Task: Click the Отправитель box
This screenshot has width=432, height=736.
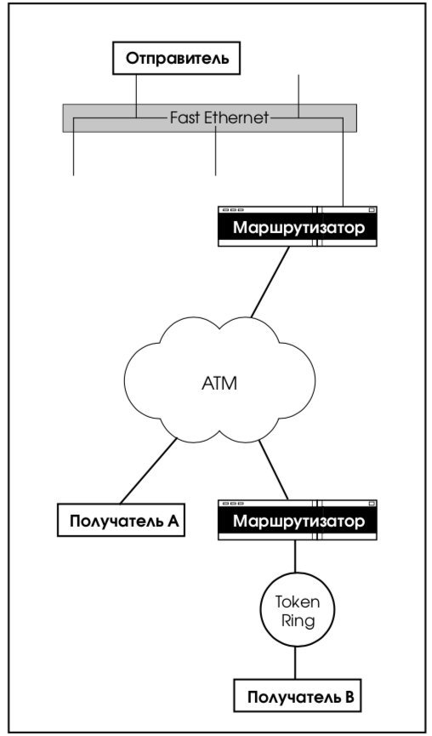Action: tap(176, 58)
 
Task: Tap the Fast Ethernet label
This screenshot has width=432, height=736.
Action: tap(219, 117)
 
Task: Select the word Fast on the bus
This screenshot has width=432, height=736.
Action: tap(185, 117)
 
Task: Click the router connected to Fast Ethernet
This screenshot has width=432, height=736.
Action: tap(298, 226)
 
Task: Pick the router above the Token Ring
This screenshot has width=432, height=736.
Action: tap(298, 520)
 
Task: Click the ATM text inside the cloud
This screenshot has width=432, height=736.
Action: tap(219, 384)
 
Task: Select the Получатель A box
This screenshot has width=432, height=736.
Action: tap(121, 520)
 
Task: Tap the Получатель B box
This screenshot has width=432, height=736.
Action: tap(298, 696)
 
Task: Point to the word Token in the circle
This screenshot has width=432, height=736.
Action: tap(298, 602)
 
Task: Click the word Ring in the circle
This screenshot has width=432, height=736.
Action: tap(298, 620)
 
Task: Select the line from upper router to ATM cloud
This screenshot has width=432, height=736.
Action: tap(270, 282)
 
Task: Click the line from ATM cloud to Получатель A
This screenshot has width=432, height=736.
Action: tap(149, 471)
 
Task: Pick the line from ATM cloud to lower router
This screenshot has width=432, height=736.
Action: tap(274, 470)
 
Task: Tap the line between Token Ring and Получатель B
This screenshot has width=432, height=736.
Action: tap(295, 663)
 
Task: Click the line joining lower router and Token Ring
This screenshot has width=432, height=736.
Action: tap(295, 556)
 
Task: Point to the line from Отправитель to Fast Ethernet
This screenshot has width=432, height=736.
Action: tap(137, 96)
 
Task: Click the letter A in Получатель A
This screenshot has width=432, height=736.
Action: tap(173, 521)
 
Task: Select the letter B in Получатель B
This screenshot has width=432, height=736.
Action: tap(349, 697)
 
